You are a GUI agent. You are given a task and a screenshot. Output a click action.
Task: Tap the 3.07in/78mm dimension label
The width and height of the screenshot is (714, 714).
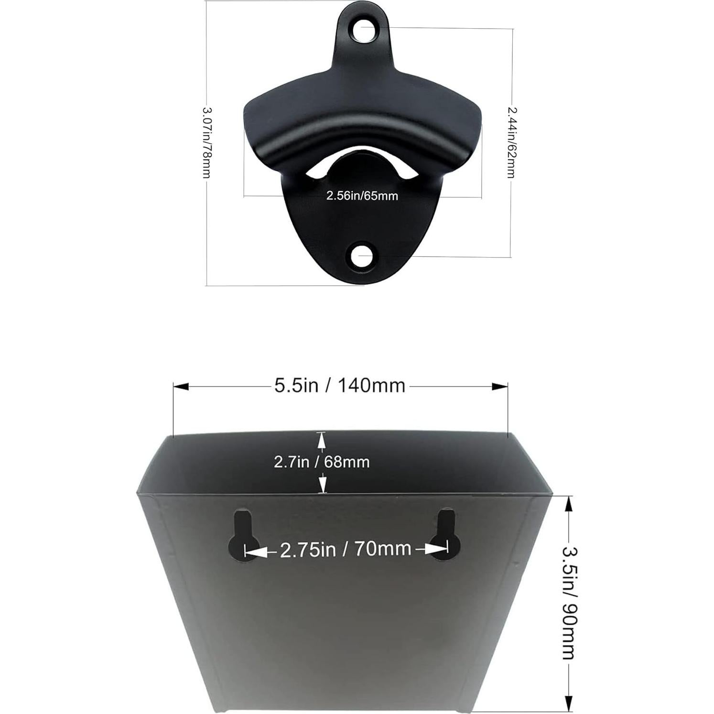pos(206,142)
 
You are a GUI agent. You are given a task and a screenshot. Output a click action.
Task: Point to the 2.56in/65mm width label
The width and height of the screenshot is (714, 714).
pos(362,195)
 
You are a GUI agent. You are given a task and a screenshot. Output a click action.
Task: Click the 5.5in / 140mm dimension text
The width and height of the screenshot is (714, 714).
pos(339,385)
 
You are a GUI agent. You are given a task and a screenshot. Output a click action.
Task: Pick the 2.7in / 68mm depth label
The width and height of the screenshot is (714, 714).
pos(322,462)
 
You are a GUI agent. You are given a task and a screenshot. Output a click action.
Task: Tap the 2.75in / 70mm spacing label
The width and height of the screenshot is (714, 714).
pos(346,549)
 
